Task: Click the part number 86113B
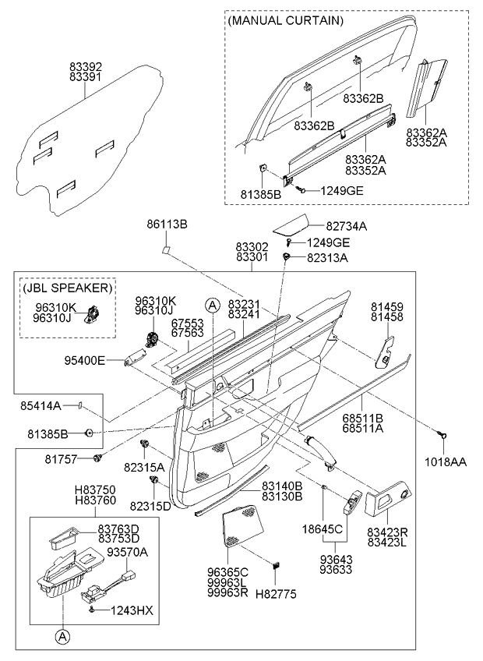pos(167,224)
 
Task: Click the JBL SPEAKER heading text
pos(67,287)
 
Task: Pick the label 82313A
pos(327,256)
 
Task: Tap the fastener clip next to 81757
pos(98,458)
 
